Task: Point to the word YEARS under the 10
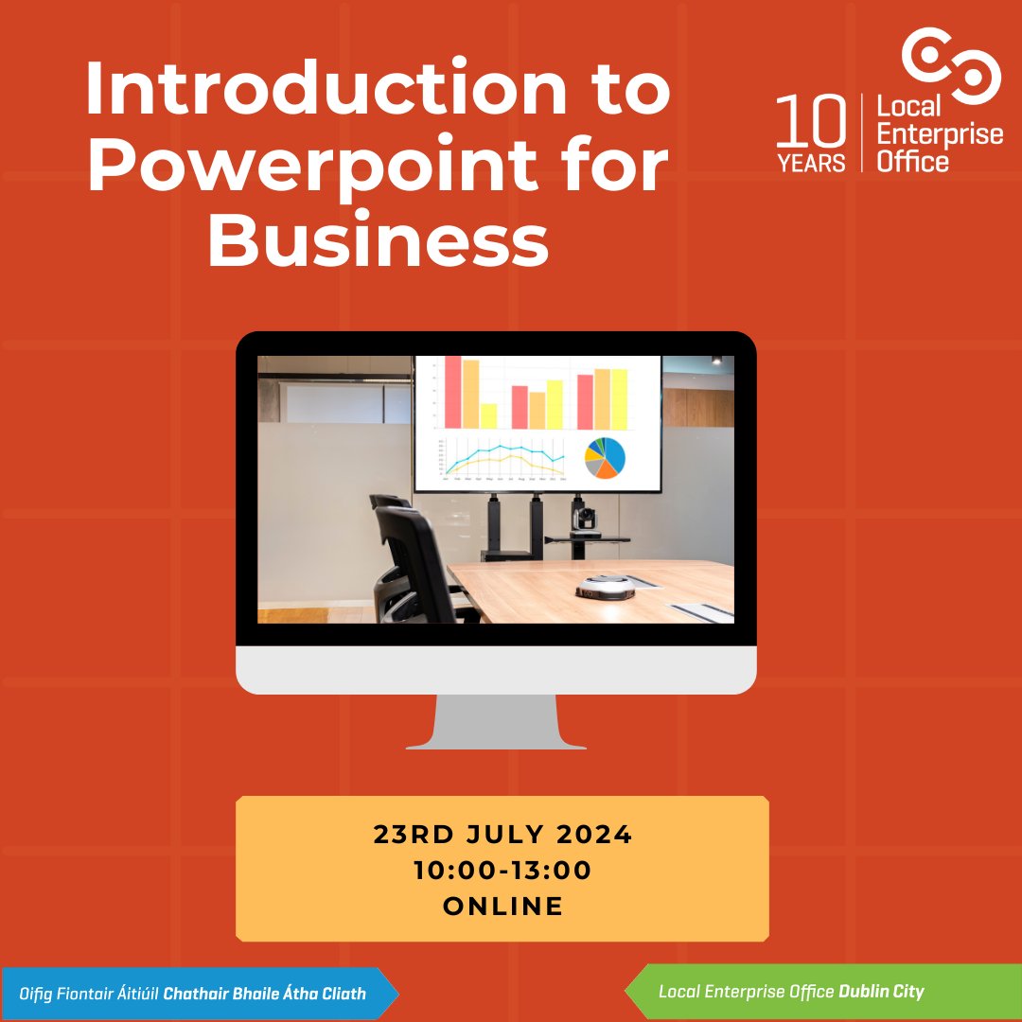click(811, 163)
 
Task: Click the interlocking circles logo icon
click(950, 64)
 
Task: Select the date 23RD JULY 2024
click(502, 835)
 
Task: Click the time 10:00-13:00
click(502, 870)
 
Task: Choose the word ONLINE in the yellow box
click(502, 906)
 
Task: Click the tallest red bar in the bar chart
click(452, 392)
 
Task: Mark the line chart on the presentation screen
click(504, 459)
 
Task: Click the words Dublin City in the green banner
click(881, 992)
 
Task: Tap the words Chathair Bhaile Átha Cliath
click(265, 995)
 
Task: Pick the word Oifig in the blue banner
click(35, 995)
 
